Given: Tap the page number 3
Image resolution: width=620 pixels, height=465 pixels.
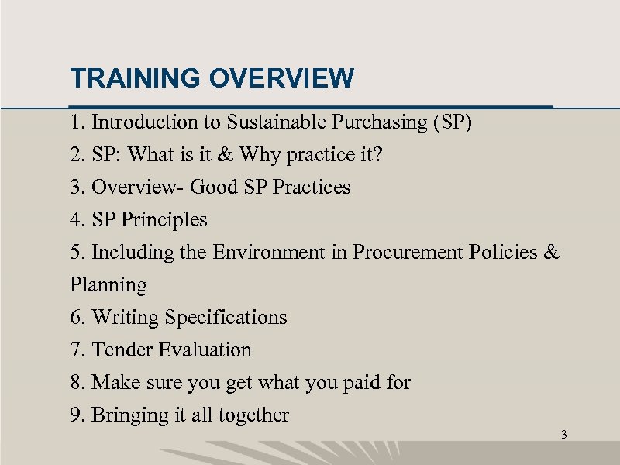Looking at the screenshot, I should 563,435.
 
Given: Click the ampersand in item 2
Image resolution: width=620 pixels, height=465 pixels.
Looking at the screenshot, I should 224,155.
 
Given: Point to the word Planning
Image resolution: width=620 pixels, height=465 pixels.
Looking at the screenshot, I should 108,285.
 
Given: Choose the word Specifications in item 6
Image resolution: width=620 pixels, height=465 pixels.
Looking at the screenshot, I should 226,318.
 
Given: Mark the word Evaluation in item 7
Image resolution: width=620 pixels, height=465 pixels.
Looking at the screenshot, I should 205,350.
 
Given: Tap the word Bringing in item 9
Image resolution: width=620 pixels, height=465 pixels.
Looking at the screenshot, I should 129,415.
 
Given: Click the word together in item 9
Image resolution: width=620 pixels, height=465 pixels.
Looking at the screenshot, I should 253,415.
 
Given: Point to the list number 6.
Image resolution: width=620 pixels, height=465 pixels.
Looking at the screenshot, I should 76,318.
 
